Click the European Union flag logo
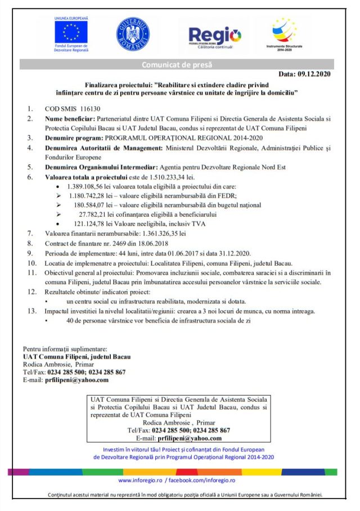click(71, 32)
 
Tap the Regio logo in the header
click(215, 35)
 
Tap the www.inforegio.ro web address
click(140, 480)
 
